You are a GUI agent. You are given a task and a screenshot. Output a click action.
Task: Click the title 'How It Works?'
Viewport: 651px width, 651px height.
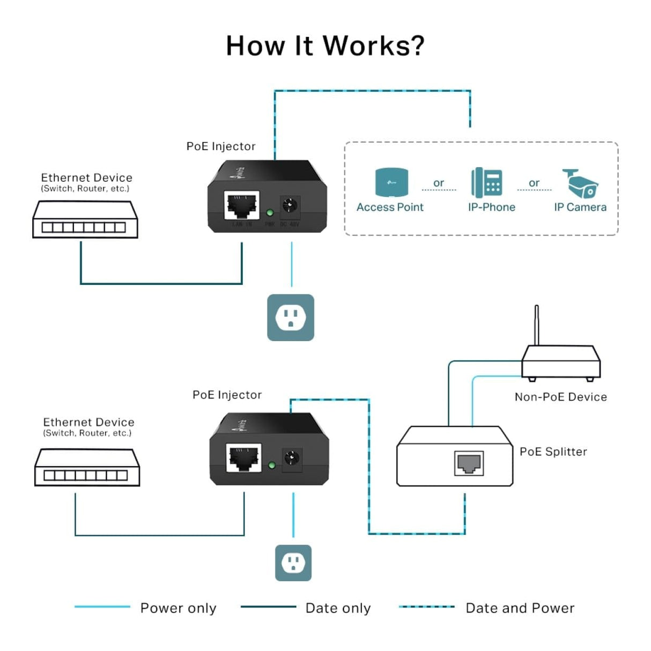325,46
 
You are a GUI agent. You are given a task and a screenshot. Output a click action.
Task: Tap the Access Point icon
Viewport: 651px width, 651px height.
391,182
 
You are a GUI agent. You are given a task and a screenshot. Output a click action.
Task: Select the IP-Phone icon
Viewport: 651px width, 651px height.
487,182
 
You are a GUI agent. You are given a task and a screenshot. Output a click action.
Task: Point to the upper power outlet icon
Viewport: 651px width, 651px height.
291,317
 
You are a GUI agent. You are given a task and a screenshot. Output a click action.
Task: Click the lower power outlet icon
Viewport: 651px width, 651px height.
293,563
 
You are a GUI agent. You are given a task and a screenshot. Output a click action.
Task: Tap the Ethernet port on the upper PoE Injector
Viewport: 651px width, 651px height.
242,205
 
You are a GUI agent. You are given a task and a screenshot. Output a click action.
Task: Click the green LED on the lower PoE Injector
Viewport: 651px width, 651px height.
272,465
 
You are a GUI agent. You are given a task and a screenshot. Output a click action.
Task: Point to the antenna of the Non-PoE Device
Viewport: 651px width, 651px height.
536,325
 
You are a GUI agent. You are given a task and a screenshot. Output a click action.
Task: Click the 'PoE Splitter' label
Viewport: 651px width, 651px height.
553,452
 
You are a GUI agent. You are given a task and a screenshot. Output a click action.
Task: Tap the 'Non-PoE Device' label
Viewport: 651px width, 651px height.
560,397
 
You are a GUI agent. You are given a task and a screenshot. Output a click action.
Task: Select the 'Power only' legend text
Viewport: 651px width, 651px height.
178,608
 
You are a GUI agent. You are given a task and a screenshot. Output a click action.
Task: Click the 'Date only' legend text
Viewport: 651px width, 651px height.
338,608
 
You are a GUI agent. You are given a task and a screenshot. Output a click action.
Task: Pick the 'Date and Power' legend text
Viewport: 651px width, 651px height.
520,608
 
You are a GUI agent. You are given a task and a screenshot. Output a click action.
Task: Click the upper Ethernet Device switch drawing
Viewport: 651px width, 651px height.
85,220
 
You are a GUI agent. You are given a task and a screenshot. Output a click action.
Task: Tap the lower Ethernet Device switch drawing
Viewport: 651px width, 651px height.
87,468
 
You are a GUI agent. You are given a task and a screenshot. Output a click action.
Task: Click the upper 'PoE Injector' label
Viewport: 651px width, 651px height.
221,146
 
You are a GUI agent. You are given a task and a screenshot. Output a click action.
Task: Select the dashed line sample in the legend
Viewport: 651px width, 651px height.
427,607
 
